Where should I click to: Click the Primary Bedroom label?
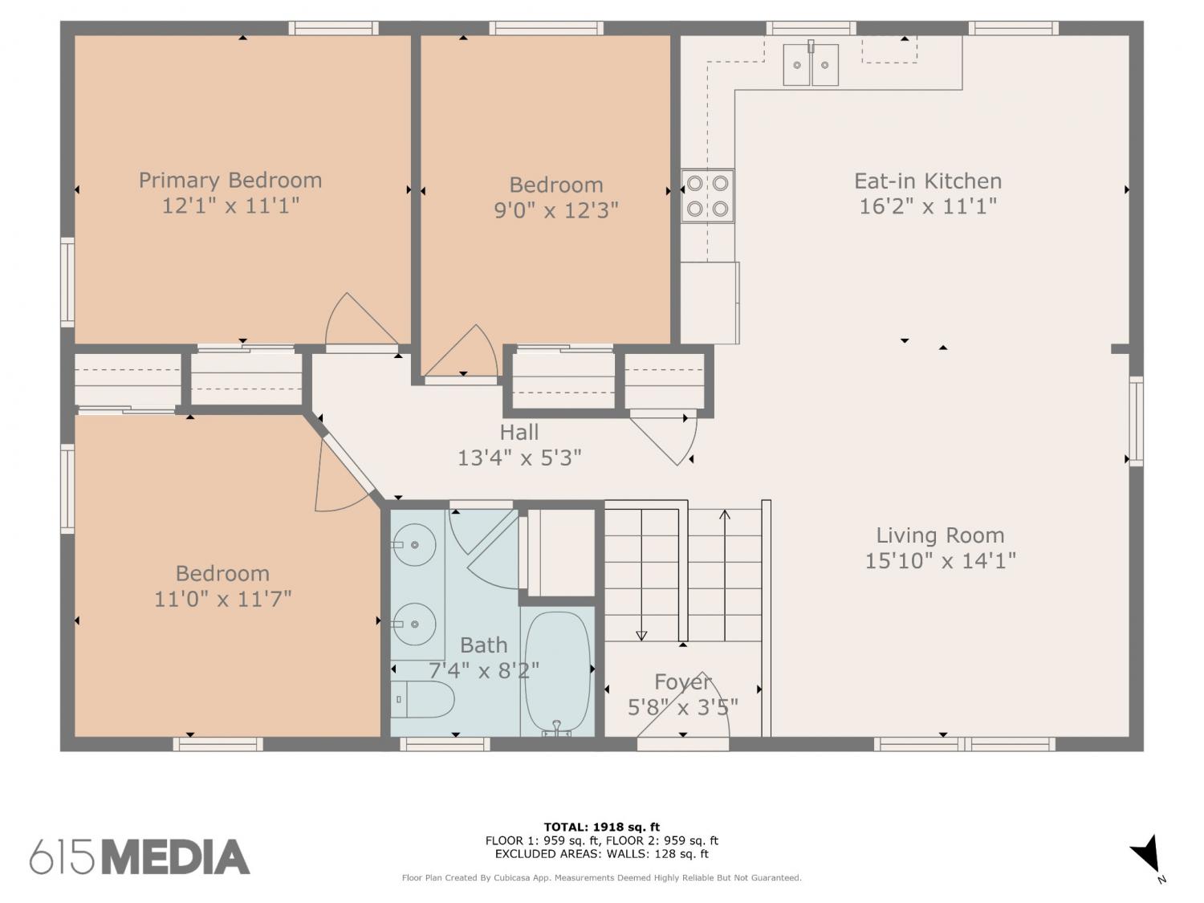click(x=230, y=181)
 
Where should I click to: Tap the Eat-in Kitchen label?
click(x=928, y=181)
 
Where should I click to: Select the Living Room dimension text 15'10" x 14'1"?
click(x=940, y=561)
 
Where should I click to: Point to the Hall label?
click(x=519, y=432)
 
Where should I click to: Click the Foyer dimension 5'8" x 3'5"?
click(x=682, y=707)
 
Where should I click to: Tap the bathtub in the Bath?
click(x=558, y=672)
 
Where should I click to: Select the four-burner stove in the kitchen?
click(x=708, y=196)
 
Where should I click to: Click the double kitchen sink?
click(x=810, y=65)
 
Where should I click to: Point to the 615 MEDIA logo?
click(x=140, y=856)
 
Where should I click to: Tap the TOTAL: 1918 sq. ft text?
click(x=602, y=827)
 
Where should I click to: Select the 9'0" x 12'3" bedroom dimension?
click(x=556, y=210)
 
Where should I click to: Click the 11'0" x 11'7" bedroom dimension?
click(x=222, y=599)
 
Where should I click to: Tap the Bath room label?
click(x=483, y=645)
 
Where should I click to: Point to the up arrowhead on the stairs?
click(x=725, y=515)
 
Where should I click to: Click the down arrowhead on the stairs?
click(x=641, y=636)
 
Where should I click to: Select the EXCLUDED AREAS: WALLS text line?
click(x=602, y=854)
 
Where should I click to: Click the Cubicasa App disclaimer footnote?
click(x=602, y=878)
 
